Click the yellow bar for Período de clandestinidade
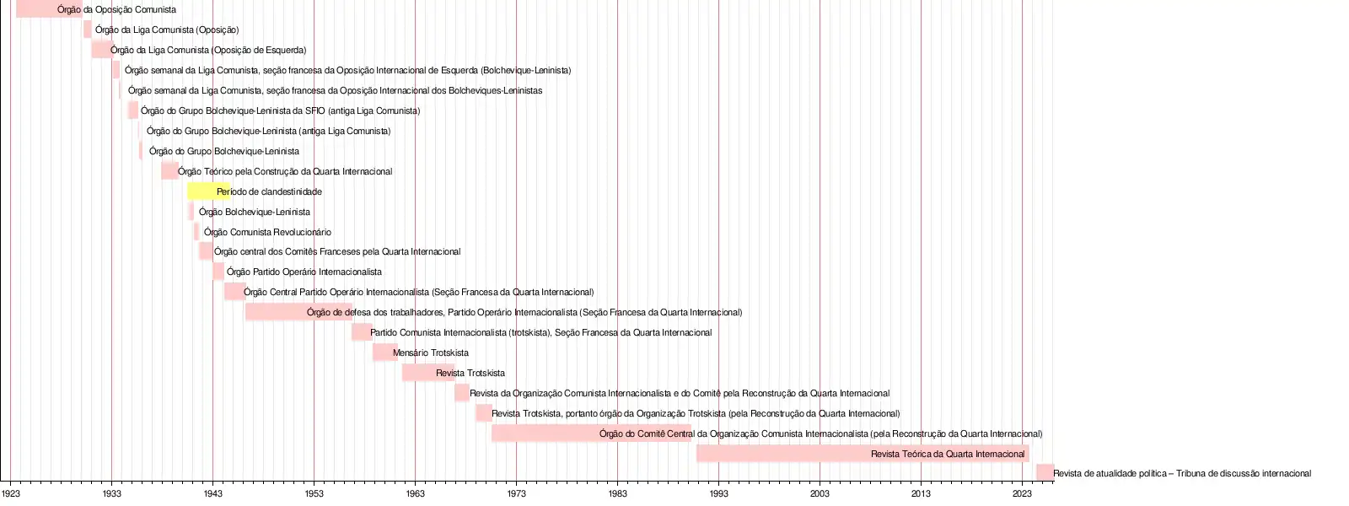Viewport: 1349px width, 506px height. point(202,191)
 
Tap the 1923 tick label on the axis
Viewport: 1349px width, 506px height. point(11,493)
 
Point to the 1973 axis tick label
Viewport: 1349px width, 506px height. point(516,493)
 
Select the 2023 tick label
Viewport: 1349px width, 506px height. point(1022,493)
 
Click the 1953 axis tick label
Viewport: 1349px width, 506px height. point(314,493)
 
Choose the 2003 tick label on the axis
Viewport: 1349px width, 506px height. point(820,493)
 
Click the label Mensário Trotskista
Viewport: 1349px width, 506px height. point(431,353)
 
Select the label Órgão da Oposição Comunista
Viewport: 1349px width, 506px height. point(116,9)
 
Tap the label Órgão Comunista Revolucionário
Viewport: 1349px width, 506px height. point(267,232)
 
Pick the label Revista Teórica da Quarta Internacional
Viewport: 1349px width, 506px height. point(948,454)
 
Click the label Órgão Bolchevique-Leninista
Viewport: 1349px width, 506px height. point(255,212)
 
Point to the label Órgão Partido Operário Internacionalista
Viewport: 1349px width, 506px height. point(304,272)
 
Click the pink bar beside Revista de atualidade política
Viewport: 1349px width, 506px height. point(1045,472)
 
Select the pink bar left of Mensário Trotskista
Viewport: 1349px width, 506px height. point(384,353)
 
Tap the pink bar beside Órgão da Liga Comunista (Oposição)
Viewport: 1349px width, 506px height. point(88,30)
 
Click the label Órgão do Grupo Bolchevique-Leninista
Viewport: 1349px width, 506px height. point(224,151)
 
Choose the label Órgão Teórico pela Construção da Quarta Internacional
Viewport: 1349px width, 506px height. point(285,171)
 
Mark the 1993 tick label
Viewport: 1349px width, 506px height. point(718,493)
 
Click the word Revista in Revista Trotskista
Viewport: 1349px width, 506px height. point(451,373)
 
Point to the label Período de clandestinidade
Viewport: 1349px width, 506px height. point(269,191)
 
